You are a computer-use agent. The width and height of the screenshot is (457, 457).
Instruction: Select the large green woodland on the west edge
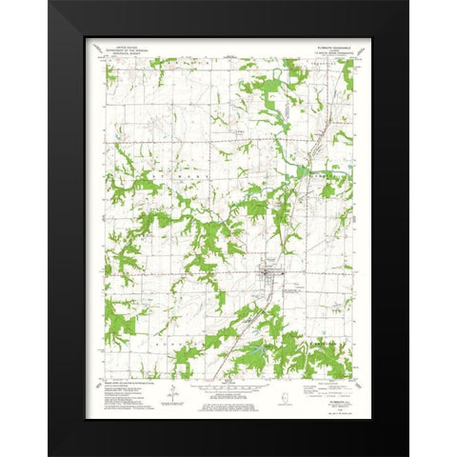[119, 319]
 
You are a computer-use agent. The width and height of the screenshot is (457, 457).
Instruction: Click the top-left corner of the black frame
[50, 2]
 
